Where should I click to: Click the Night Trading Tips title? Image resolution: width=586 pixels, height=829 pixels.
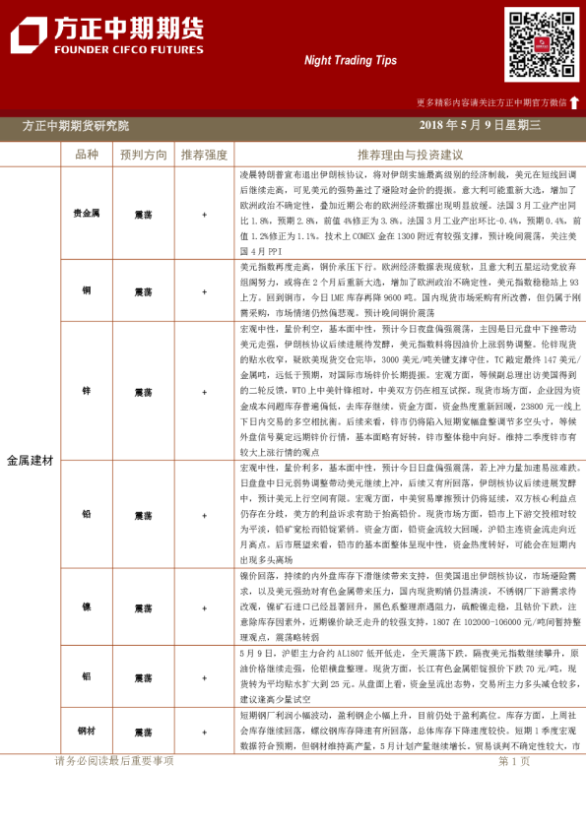click(x=351, y=60)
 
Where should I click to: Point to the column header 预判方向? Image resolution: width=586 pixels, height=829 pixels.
click(x=143, y=155)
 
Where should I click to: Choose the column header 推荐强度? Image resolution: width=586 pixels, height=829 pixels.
click(x=204, y=155)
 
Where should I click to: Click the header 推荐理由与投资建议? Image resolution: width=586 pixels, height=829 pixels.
click(x=410, y=155)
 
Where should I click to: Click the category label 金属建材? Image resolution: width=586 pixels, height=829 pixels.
click(x=31, y=460)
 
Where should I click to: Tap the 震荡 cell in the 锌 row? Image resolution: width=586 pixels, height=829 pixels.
click(x=143, y=391)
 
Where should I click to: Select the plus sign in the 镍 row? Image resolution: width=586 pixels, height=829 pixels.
click(x=204, y=607)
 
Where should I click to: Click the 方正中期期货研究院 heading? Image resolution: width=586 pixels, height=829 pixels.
click(x=76, y=125)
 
